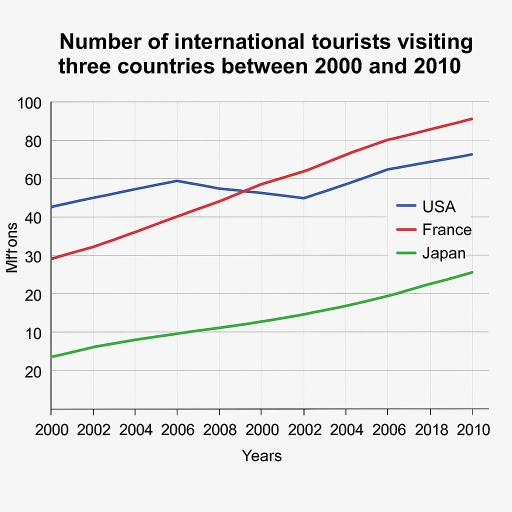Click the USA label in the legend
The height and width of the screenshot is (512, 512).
(x=439, y=207)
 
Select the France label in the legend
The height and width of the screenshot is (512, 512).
(x=447, y=230)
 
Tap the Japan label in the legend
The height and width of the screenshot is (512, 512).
(x=444, y=253)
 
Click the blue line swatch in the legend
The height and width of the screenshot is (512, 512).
(x=407, y=207)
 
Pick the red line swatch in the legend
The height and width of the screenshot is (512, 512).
(x=407, y=230)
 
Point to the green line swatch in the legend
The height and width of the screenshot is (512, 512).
(x=407, y=253)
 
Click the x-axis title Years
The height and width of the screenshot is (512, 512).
(x=262, y=456)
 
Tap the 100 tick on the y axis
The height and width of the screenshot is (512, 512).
(x=29, y=103)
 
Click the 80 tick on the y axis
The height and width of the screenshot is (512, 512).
(x=32, y=141)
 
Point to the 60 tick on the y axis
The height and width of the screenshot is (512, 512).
(x=32, y=179)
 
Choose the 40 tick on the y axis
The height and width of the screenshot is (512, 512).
(x=32, y=217)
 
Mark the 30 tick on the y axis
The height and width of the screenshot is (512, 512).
(x=32, y=256)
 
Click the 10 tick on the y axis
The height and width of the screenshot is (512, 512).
(x=32, y=332)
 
